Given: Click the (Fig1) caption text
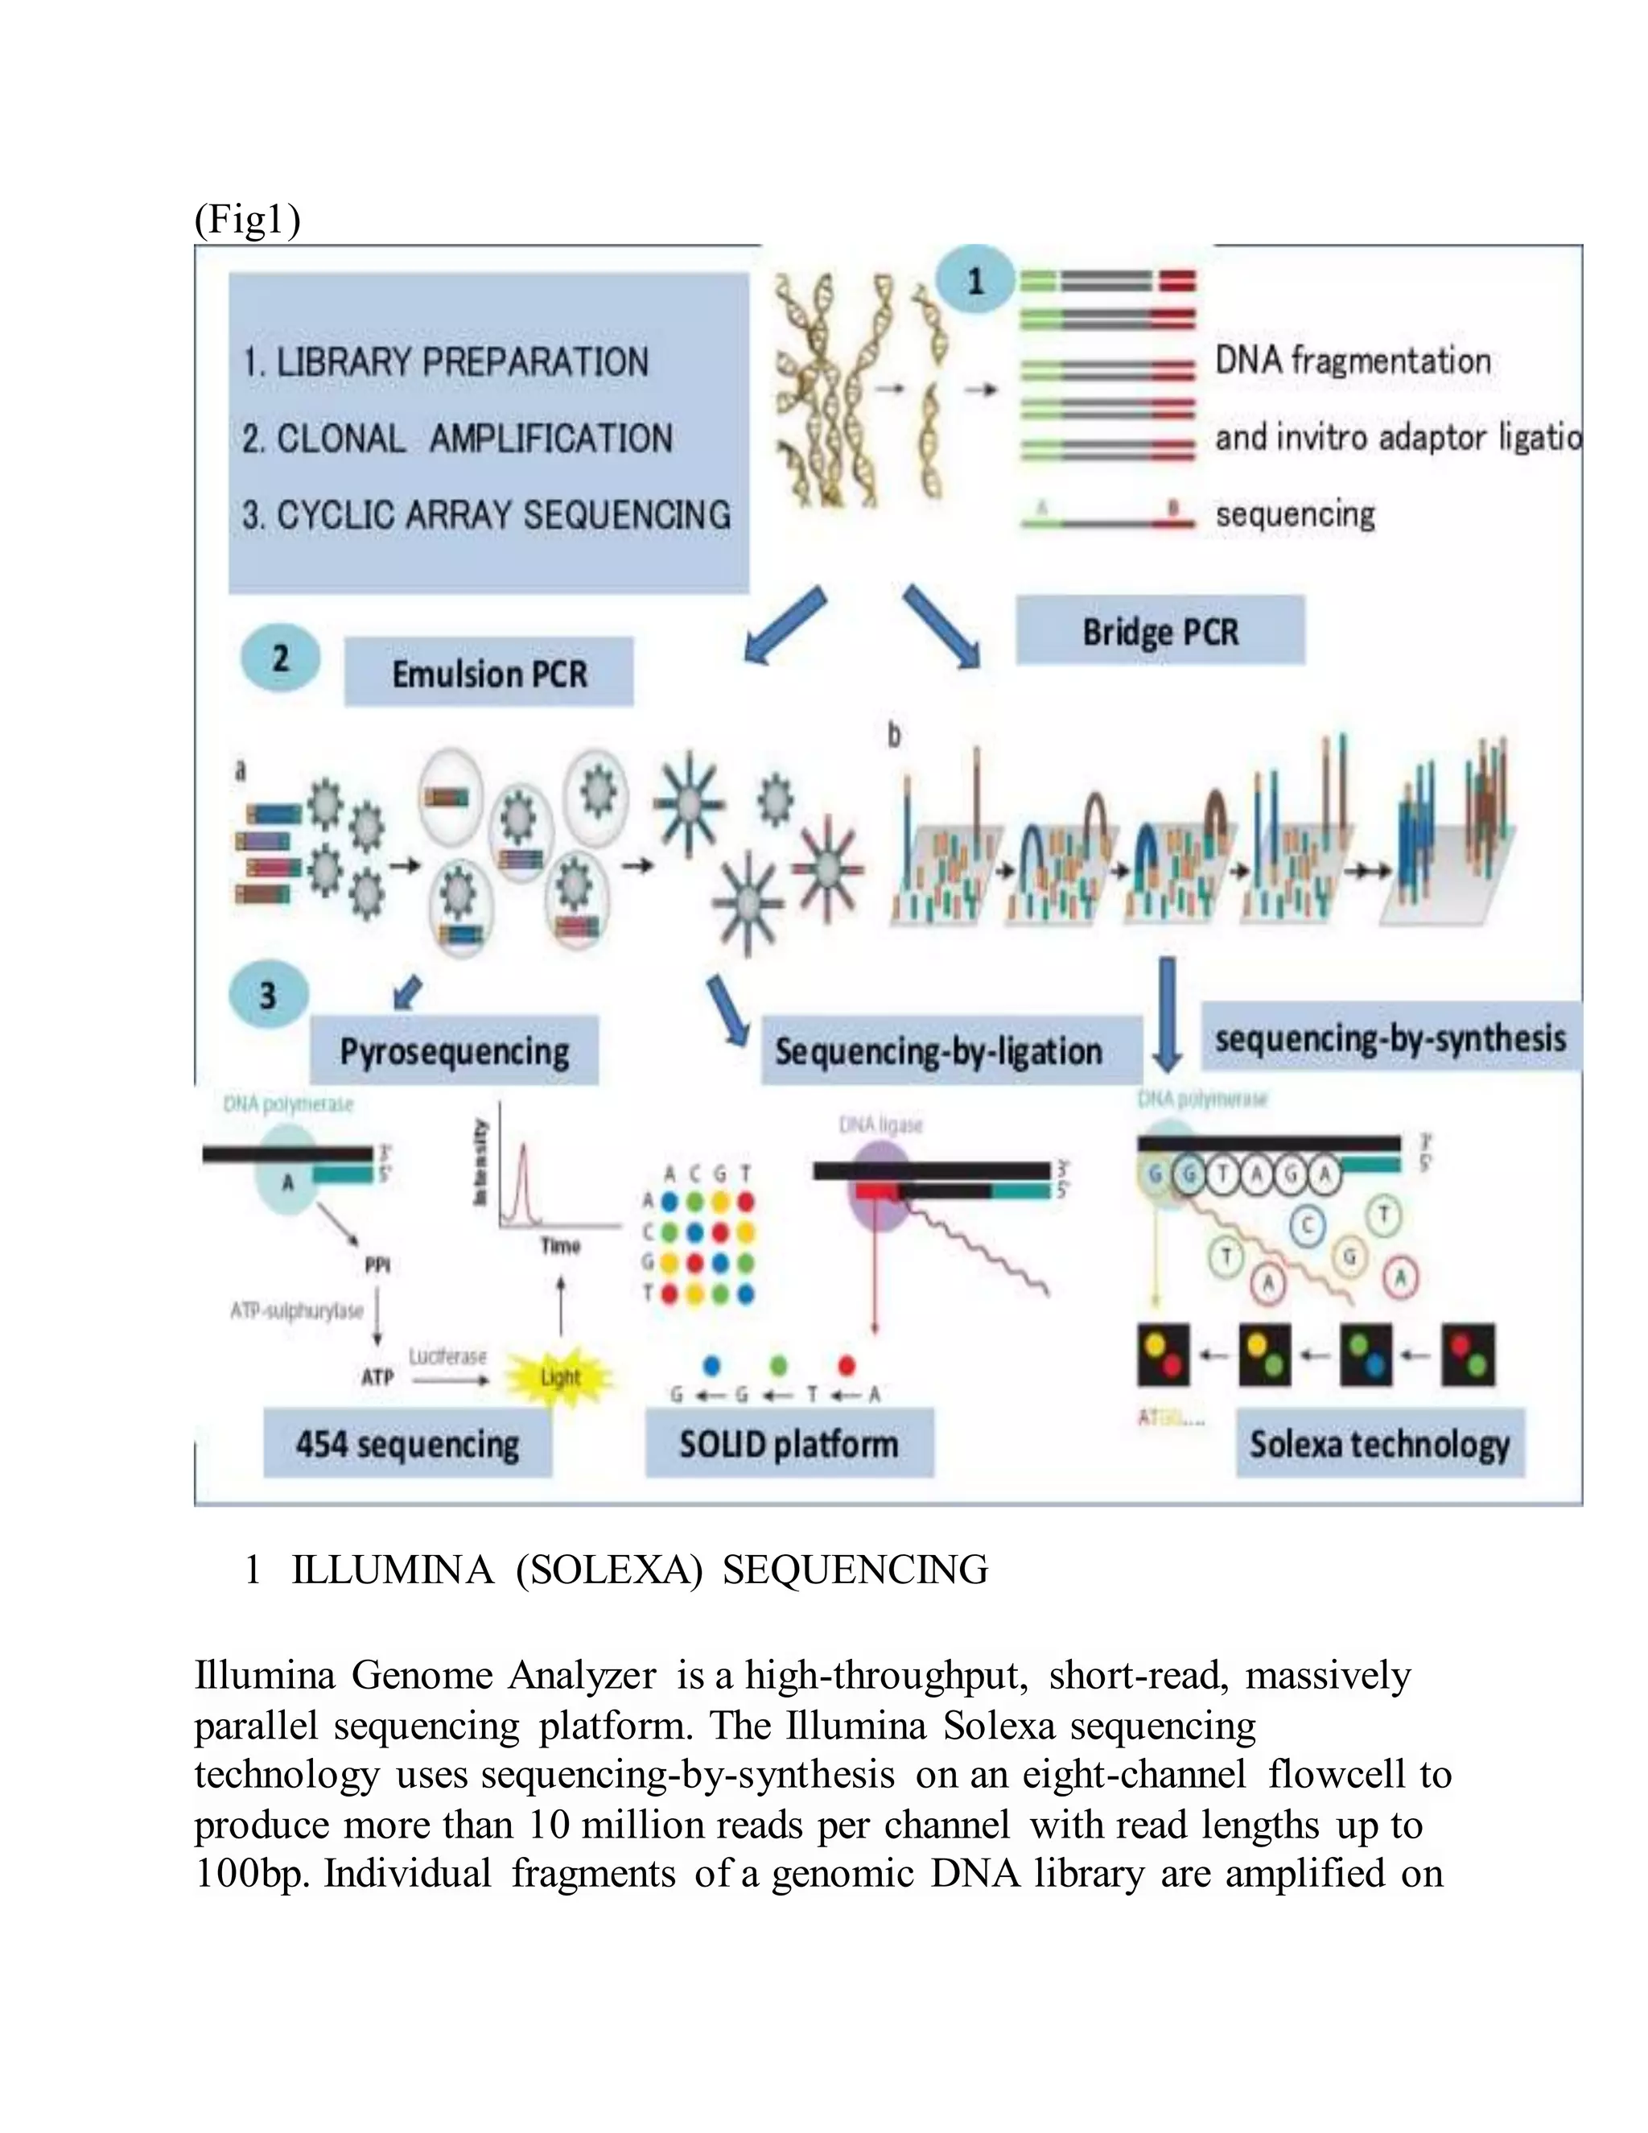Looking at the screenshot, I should click(x=247, y=220).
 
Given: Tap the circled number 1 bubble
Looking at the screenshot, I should click(x=974, y=281).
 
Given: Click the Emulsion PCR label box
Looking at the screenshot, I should click(x=488, y=673).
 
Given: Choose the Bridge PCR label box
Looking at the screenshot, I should click(x=1159, y=632).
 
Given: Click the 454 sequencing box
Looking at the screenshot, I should click(x=407, y=1443).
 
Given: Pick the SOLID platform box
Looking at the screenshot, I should click(x=789, y=1443).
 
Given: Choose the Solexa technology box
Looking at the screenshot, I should click(x=1378, y=1443).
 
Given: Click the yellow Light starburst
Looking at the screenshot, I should click(x=559, y=1377).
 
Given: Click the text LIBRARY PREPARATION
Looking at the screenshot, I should click(x=462, y=362).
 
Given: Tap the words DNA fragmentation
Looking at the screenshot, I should click(x=1352, y=361).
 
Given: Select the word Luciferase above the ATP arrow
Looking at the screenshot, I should click(x=447, y=1356).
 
